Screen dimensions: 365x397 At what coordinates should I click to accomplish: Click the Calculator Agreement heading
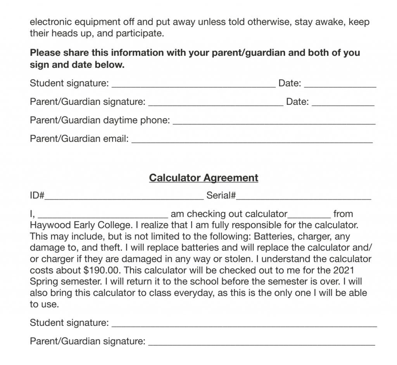[x=204, y=178]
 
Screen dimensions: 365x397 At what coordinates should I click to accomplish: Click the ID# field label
[x=37, y=195]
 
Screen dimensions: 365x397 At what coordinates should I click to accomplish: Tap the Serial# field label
[x=221, y=195]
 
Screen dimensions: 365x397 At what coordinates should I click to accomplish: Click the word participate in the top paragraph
[x=142, y=33]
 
